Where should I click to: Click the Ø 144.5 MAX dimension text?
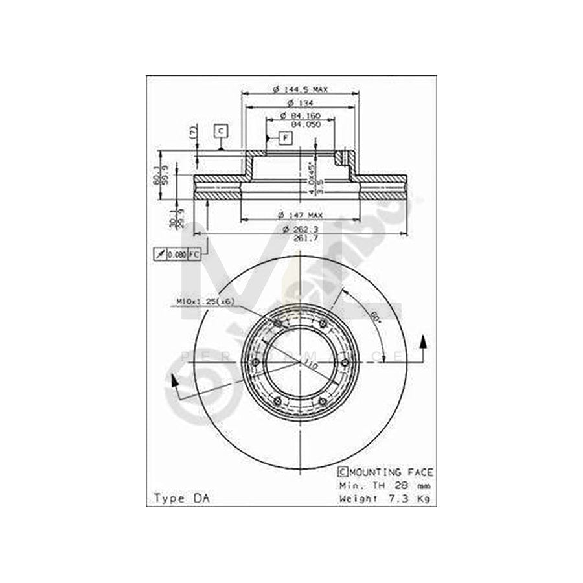coord(299,89)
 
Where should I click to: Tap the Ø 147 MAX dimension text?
coord(299,214)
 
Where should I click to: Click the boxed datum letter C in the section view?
coord(221,131)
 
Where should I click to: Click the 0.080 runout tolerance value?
coord(177,255)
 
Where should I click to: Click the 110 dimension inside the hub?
coord(311,367)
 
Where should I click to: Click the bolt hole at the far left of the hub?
coord(255,362)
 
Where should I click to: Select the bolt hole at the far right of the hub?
coord(345,362)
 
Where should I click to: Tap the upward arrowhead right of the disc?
coord(424,341)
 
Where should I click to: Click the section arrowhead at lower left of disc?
coord(174,383)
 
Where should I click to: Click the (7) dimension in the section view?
coord(192,132)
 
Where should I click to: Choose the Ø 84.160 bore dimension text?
coord(299,115)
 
